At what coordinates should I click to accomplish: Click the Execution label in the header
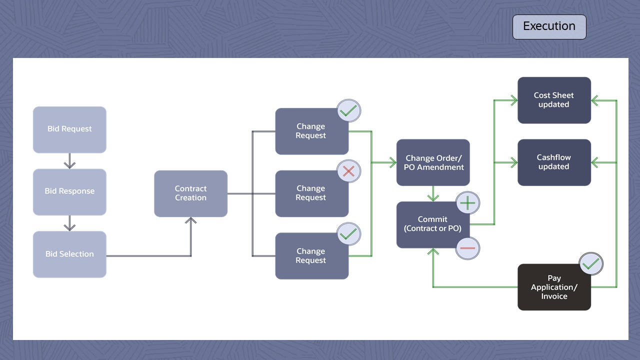549,26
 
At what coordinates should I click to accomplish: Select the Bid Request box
69,129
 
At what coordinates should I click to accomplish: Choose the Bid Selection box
69,254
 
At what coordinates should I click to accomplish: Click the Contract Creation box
190,193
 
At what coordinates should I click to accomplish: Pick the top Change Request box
310,131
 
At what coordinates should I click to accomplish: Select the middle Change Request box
310,193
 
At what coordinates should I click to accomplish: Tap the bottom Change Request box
310,256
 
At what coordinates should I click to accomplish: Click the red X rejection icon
348,171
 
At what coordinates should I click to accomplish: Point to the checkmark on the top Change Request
348,110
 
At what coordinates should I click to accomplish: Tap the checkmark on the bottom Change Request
348,233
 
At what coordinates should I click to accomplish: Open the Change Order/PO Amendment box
433,162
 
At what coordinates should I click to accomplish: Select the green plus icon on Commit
467,203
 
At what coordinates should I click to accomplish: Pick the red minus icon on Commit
467,248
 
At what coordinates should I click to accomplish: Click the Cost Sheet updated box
554,100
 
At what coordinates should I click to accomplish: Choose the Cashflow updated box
554,162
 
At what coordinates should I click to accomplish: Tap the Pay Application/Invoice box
554,287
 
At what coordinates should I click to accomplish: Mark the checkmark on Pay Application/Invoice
590,264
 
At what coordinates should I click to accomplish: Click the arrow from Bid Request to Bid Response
69,160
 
